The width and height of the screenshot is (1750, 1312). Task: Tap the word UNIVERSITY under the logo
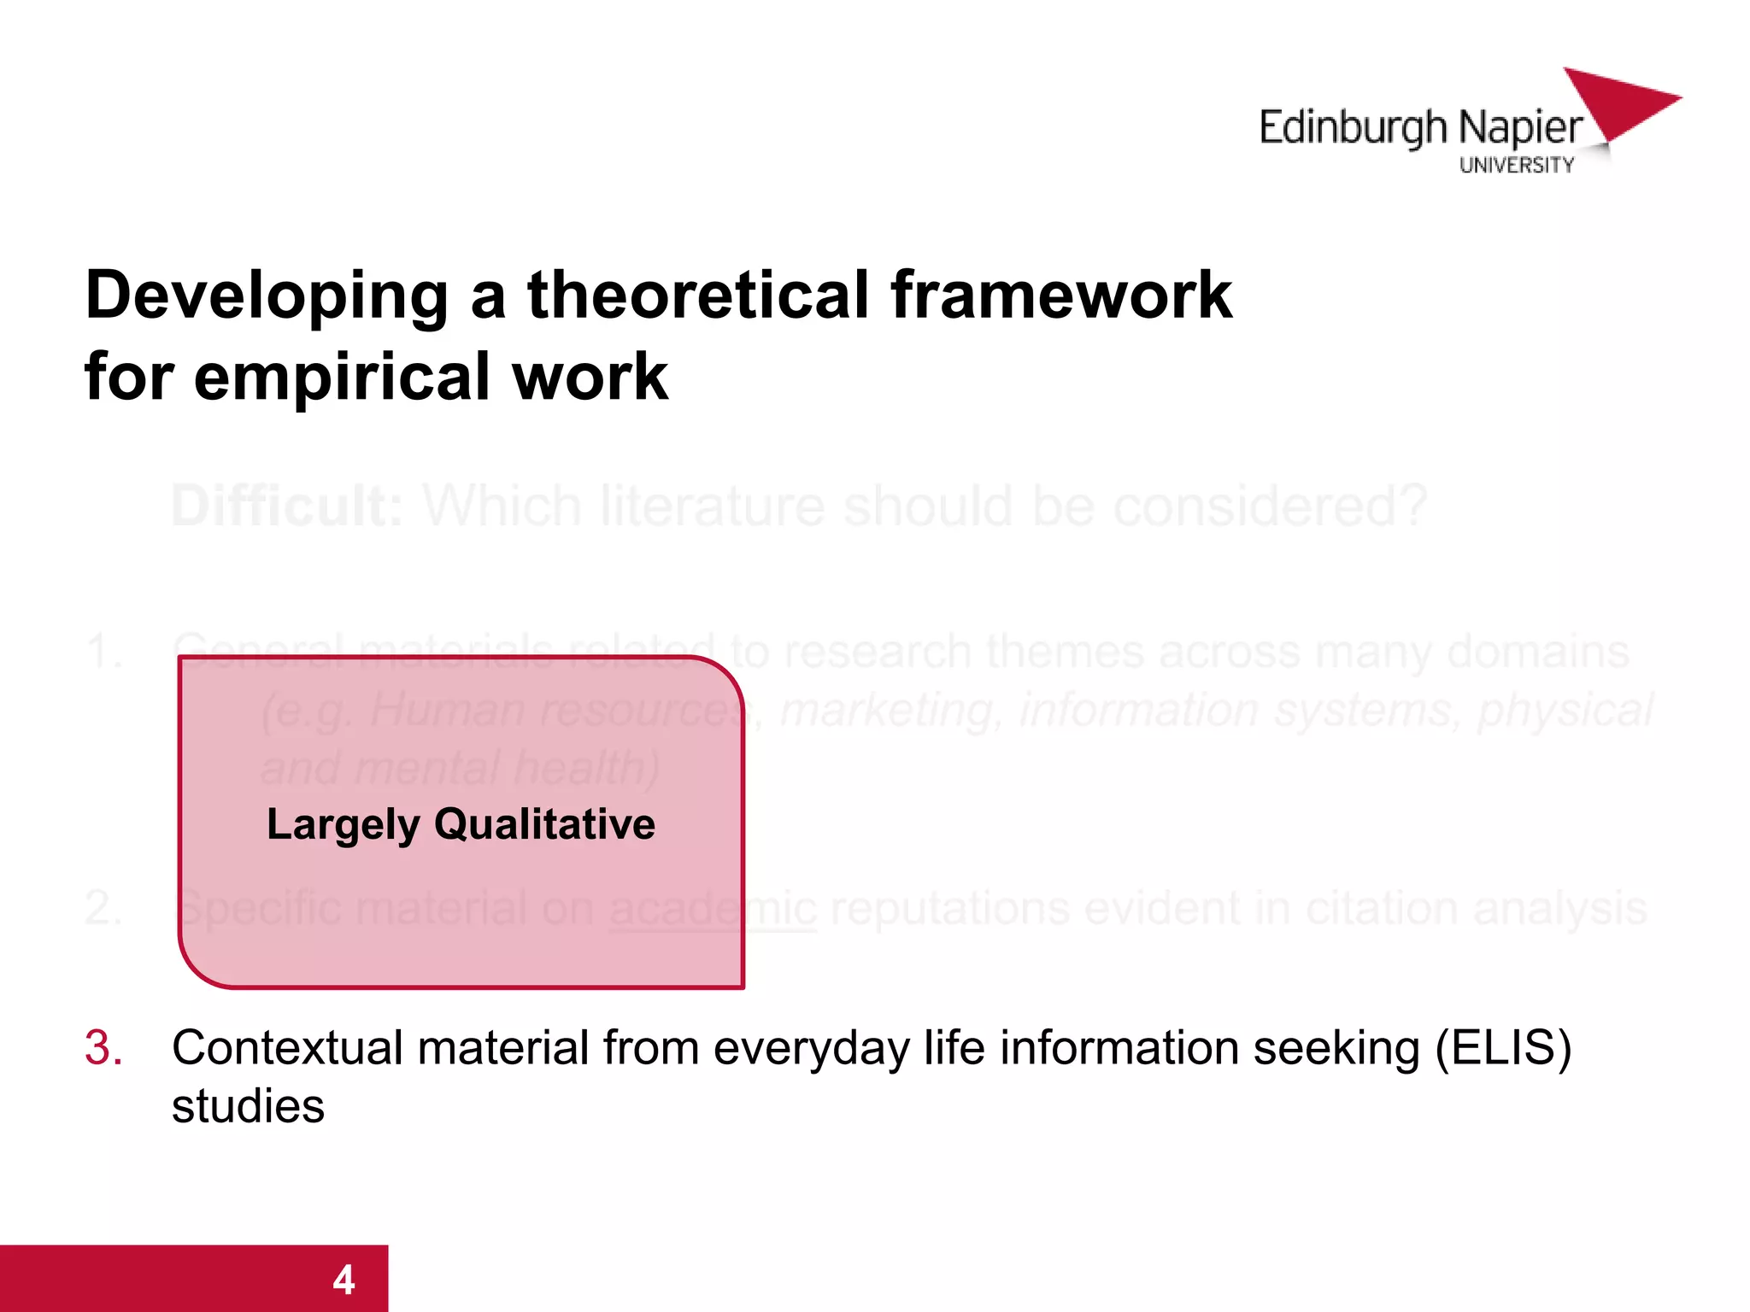pos(1516,166)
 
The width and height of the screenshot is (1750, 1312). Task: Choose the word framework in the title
pos(1060,295)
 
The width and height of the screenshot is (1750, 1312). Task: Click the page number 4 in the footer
pos(344,1280)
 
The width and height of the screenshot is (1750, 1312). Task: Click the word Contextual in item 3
pos(287,1048)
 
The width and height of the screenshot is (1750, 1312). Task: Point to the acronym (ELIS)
pos(1503,1048)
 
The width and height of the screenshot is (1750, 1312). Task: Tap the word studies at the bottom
pos(248,1107)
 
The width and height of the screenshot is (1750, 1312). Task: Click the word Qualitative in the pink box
pos(544,824)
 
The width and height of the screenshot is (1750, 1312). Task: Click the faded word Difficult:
pos(287,506)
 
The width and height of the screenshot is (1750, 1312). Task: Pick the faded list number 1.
pos(103,652)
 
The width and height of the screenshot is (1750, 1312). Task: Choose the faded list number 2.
pos(103,907)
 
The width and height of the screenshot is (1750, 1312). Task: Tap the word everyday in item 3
pos(812,1050)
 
